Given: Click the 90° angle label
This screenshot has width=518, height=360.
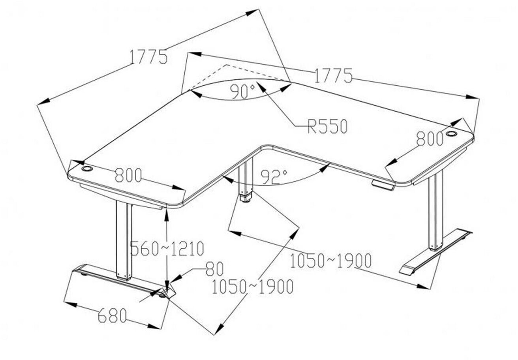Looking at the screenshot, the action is pyautogui.click(x=243, y=92).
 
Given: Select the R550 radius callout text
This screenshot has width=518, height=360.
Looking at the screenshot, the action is pyautogui.click(x=328, y=127).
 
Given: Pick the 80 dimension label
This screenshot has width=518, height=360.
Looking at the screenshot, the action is pyautogui.click(x=214, y=269).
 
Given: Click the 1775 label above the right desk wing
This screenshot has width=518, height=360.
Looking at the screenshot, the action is pyautogui.click(x=332, y=75).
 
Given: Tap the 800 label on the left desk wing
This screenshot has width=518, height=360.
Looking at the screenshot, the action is pyautogui.click(x=128, y=175).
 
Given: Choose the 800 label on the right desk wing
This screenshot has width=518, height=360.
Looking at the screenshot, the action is pyautogui.click(x=430, y=139).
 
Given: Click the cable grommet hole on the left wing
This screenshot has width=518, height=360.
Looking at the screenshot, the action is pyautogui.click(x=87, y=169).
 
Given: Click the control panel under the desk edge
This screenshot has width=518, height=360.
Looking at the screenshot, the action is pyautogui.click(x=383, y=185).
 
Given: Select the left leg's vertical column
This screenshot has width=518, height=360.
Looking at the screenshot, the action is pyautogui.click(x=124, y=241).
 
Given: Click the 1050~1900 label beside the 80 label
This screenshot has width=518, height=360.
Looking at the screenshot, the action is pyautogui.click(x=252, y=287).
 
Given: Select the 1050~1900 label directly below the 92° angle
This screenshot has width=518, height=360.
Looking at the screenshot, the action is pyautogui.click(x=330, y=261).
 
